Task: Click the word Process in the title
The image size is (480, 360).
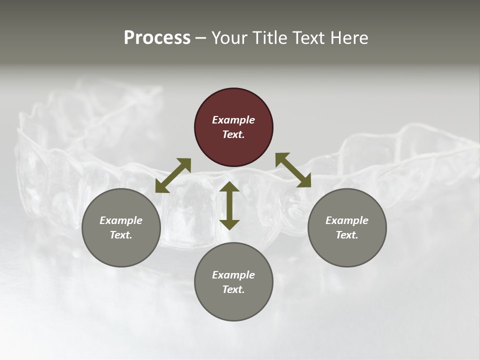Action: [157, 38]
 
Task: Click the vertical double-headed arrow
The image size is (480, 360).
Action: [229, 205]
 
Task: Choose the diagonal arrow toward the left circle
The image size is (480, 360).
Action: [173, 175]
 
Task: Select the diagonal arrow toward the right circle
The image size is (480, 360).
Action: [293, 170]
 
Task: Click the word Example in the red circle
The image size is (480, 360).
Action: [233, 120]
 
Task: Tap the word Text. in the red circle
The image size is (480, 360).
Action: [233, 134]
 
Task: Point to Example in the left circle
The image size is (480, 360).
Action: [121, 220]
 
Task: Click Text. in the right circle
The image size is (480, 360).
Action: [347, 235]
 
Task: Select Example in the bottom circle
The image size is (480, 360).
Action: [233, 275]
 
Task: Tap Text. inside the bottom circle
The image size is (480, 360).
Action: [233, 289]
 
